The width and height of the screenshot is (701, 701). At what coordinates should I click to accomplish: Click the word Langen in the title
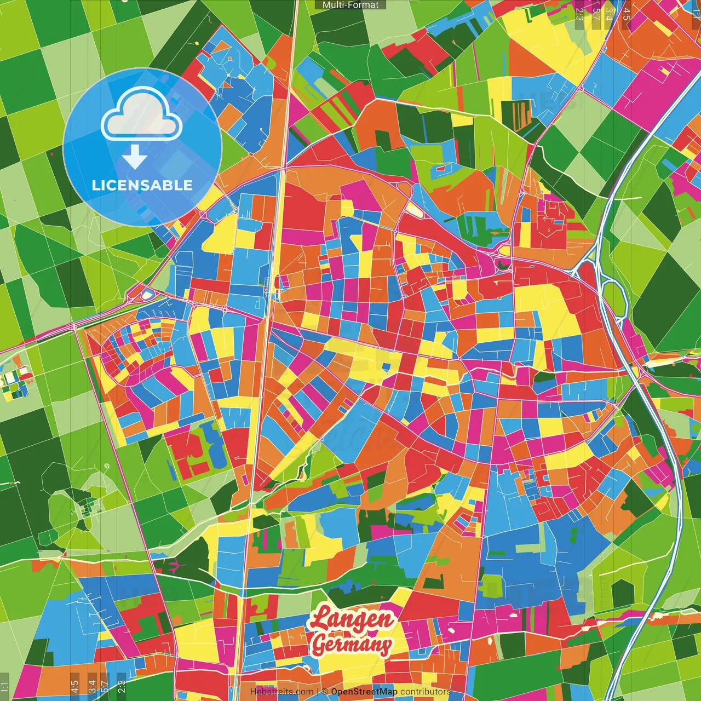click(351, 619)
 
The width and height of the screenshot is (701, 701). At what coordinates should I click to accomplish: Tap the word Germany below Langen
click(352, 645)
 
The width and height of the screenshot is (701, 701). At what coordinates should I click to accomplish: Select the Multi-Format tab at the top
click(350, 5)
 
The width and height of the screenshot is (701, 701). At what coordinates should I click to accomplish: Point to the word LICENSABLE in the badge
click(142, 185)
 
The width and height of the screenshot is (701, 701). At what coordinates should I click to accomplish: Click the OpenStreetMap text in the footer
click(364, 692)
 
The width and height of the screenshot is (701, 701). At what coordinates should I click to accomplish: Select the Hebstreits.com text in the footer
click(281, 692)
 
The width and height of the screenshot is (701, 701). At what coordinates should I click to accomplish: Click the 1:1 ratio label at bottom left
click(5, 687)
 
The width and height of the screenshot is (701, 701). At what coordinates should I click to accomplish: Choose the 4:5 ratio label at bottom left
click(74, 687)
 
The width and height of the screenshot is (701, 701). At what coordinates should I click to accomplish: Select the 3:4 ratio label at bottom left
click(92, 687)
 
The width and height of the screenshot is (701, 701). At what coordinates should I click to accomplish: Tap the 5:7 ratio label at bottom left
click(105, 687)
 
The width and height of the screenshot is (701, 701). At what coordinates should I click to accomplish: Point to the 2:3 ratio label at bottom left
click(122, 687)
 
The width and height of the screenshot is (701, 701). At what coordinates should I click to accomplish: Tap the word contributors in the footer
click(425, 692)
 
